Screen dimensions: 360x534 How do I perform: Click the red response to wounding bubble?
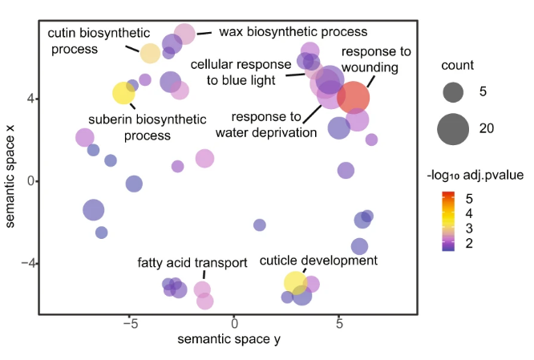tap(353, 97)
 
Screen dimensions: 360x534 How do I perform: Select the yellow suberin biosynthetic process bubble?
tap(123, 92)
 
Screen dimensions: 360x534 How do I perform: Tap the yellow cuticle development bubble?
tap(295, 281)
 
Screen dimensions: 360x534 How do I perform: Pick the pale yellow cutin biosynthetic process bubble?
tap(150, 54)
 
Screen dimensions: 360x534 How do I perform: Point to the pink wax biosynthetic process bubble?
tap(185, 34)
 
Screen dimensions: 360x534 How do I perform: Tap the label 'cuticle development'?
tap(318, 261)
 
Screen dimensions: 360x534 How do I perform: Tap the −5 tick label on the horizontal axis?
tap(130, 324)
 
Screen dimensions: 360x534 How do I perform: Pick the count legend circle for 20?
tap(453, 129)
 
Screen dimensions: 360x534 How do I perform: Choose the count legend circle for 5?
tap(453, 92)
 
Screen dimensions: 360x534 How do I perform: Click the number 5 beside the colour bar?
tap(470, 197)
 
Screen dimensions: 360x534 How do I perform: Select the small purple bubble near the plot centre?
tap(259, 225)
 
